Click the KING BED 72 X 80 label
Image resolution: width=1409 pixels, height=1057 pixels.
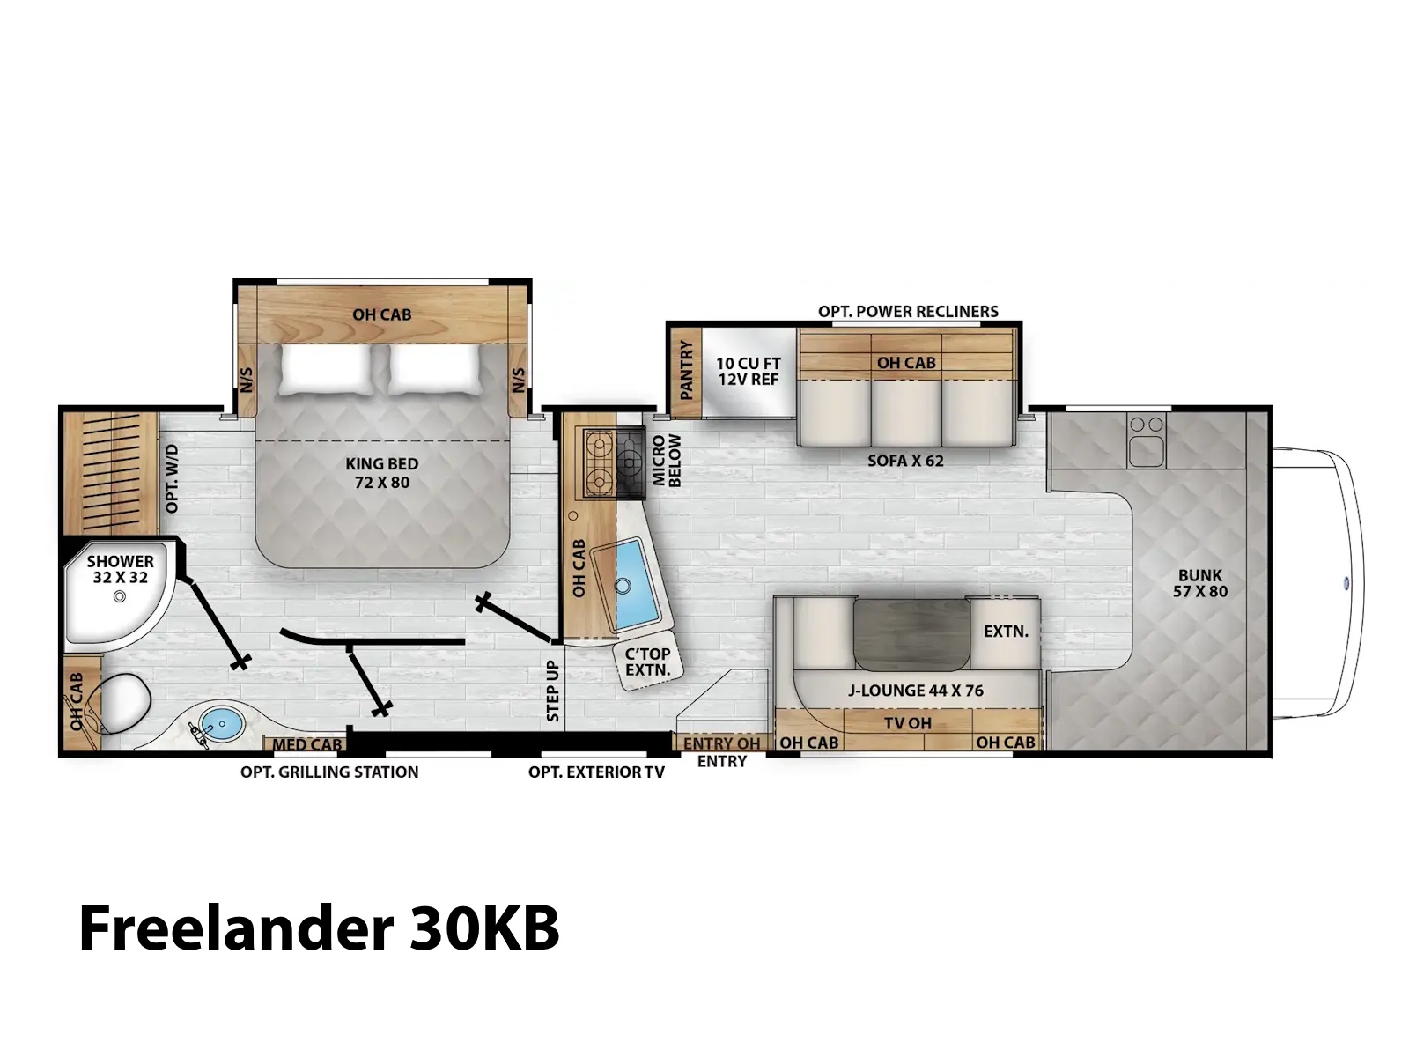381,472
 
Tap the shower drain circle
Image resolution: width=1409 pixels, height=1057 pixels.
120,596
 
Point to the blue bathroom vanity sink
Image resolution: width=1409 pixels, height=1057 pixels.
221,723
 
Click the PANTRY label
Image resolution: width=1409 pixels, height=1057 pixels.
686,370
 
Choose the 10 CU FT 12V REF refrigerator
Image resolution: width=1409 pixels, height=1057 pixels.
749,372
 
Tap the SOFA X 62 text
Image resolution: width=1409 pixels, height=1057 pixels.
905,460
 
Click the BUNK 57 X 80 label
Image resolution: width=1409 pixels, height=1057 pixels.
1199,583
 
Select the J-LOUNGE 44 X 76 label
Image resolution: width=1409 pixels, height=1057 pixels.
915,690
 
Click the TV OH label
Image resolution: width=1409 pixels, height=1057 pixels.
907,722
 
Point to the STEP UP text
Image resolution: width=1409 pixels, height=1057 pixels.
553,691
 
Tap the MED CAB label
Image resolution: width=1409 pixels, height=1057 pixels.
306,744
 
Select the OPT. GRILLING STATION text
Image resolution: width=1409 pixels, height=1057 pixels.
329,772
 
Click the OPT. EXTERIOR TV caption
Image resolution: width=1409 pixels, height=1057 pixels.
596,772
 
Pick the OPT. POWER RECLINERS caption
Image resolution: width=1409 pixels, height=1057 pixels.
908,311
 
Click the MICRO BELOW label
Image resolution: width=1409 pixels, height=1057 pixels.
667,460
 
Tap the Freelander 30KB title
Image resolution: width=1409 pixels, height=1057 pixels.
319,928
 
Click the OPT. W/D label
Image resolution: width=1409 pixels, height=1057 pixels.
172,479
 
